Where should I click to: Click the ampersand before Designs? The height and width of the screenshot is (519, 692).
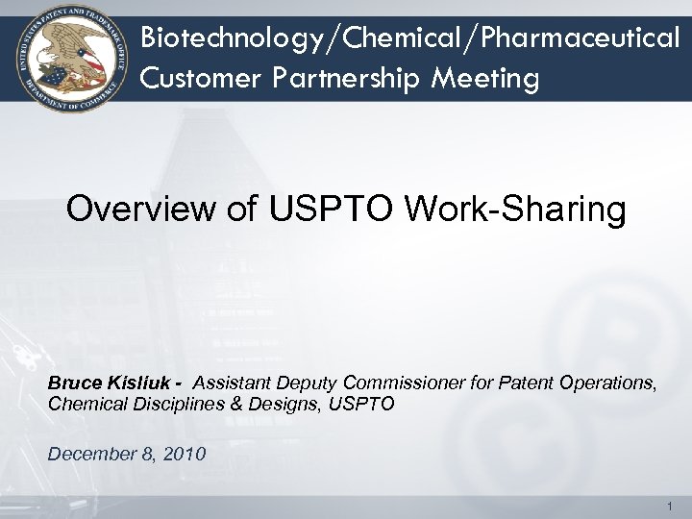click(231, 405)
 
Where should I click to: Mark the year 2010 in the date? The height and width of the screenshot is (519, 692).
click(185, 454)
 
